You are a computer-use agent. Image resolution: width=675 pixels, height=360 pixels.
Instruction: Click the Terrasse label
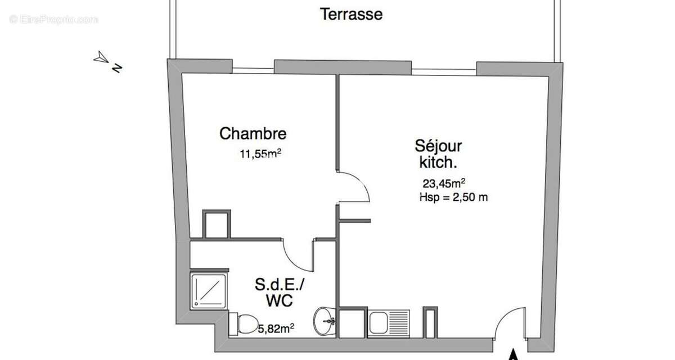pyautogui.click(x=351, y=14)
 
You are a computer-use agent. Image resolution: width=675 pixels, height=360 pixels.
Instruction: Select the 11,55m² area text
pyautogui.click(x=260, y=153)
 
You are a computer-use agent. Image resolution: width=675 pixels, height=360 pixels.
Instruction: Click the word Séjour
pyautogui.click(x=438, y=146)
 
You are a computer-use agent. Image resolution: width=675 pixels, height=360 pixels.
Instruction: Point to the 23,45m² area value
pyautogui.click(x=443, y=183)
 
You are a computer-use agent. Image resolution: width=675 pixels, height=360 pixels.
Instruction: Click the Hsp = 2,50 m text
pyautogui.click(x=453, y=197)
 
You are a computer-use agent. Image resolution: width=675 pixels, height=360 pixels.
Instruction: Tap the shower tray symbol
pyautogui.click(x=209, y=291)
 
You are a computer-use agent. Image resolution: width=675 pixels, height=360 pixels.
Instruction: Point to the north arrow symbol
pyautogui.click(x=102, y=57)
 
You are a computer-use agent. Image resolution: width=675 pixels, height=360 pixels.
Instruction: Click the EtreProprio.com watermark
pyautogui.click(x=53, y=20)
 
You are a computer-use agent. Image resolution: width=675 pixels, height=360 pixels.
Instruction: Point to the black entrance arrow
pyautogui.click(x=513, y=355)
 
